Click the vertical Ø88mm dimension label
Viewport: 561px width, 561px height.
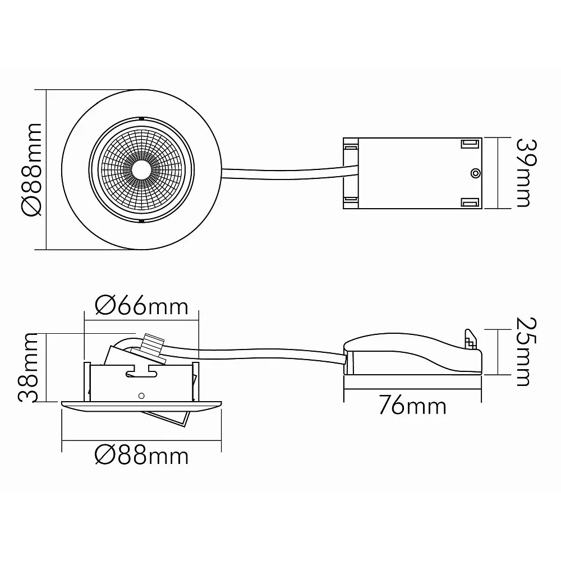(32, 169)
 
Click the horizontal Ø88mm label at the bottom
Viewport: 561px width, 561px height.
(141, 456)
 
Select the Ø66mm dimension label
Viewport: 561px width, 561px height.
(141, 306)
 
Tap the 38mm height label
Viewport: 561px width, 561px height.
(27, 368)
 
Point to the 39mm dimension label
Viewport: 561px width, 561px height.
(527, 173)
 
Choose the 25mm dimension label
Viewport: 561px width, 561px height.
(527, 352)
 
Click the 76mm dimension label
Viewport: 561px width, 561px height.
(412, 406)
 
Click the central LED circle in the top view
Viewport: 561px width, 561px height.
(142, 169)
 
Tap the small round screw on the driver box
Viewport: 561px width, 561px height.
(475, 173)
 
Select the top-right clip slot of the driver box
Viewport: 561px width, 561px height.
(470, 144)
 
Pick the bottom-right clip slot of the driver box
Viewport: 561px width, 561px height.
(470, 203)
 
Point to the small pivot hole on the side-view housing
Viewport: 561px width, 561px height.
(141, 396)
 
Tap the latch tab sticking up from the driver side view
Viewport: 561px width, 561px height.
(471, 339)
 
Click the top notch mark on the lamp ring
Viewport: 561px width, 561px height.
(142, 118)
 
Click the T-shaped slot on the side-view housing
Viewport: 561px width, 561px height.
(141, 371)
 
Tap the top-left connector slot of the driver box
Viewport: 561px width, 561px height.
(351, 146)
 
